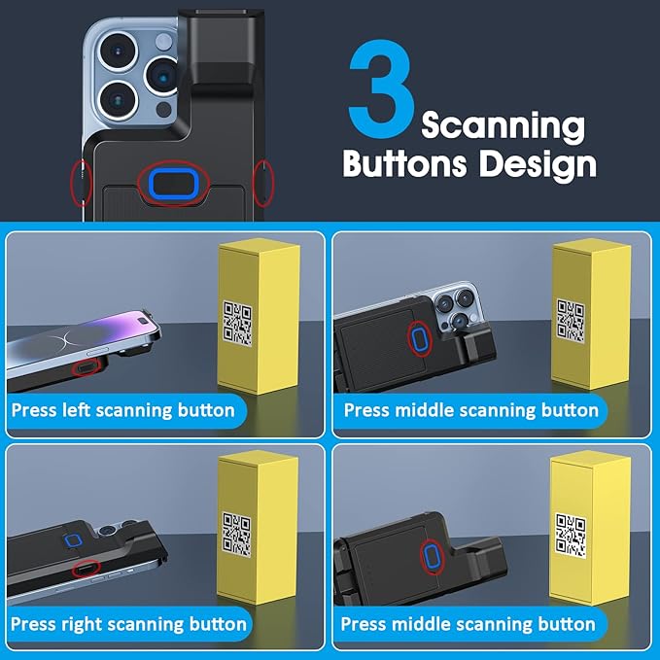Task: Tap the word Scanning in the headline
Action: click(503, 126)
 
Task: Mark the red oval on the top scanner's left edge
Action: click(83, 182)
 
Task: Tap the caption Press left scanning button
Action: click(123, 409)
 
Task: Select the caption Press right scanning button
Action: click(128, 622)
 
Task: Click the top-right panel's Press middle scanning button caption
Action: click(470, 409)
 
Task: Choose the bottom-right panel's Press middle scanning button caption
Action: click(469, 622)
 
